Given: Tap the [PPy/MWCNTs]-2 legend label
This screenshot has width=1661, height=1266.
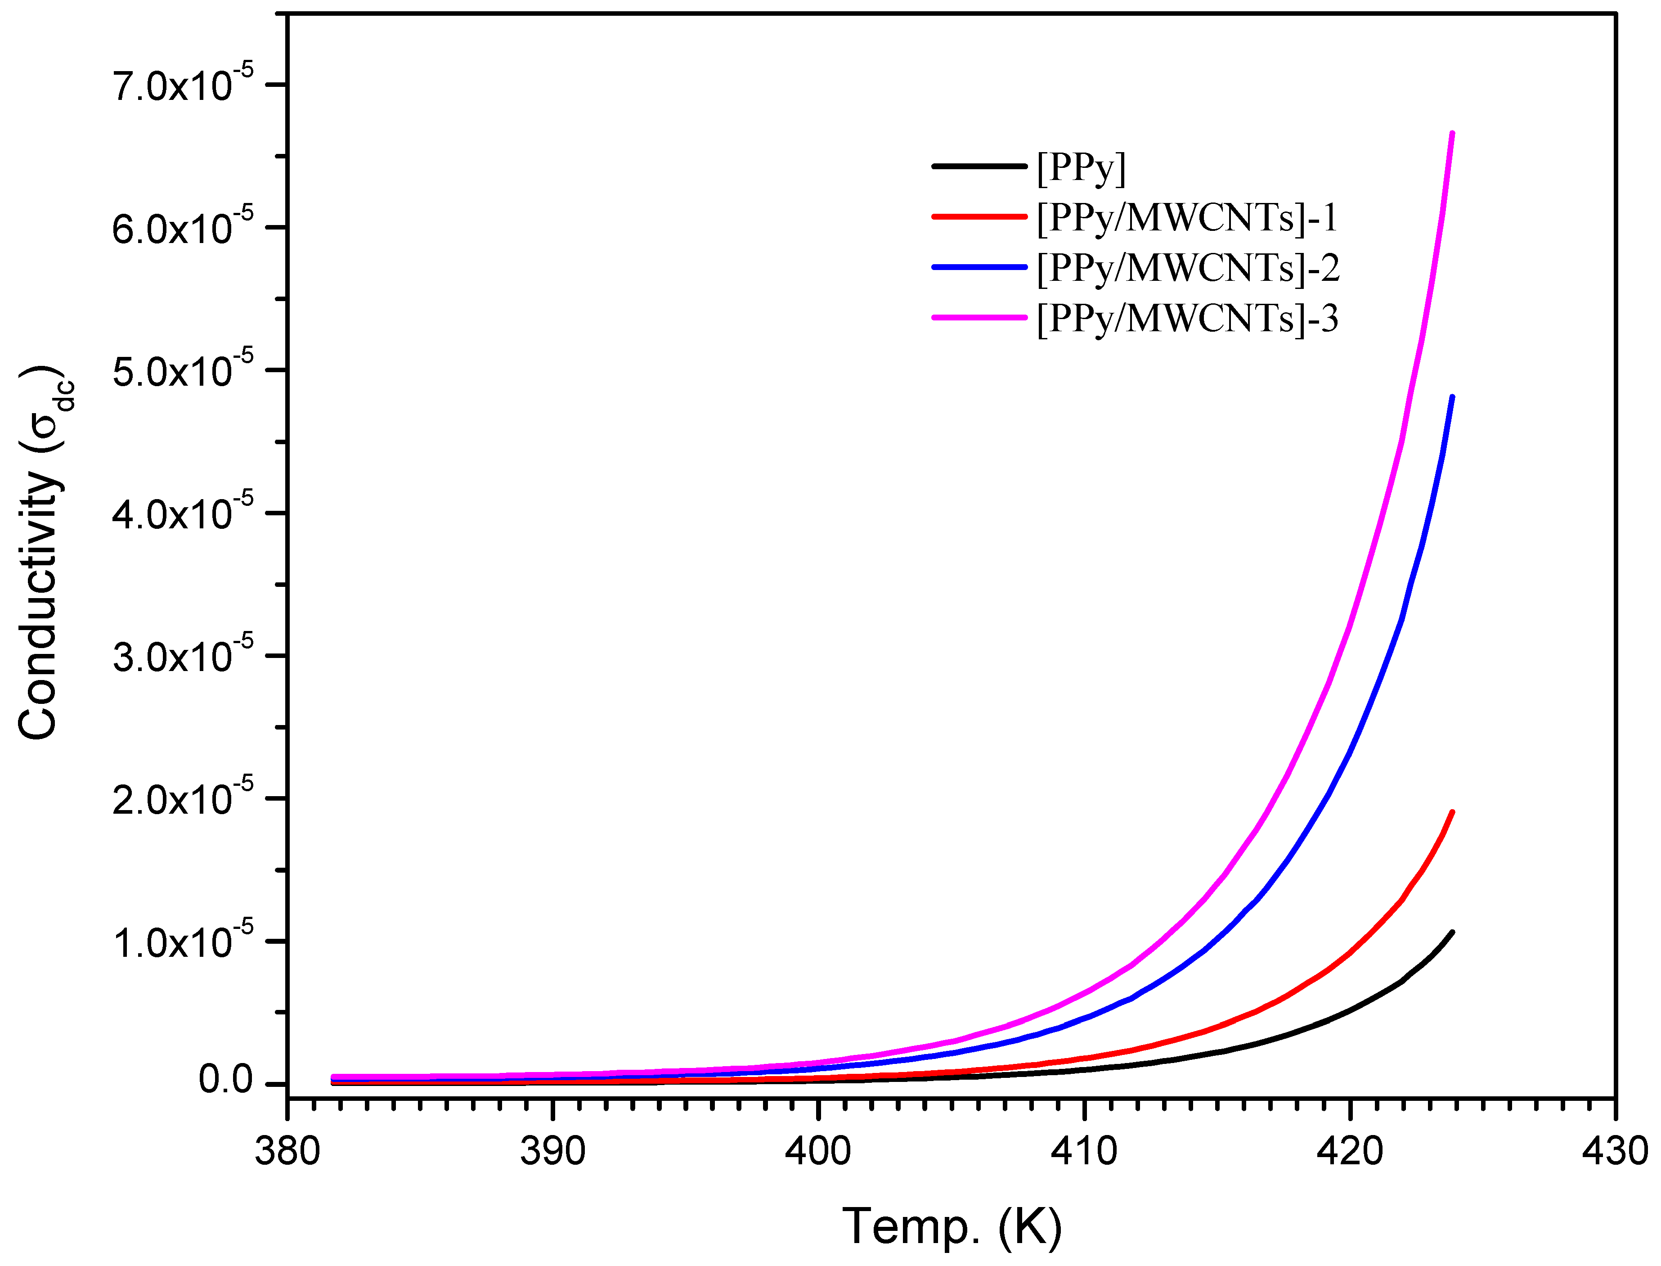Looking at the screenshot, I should point(1188,268).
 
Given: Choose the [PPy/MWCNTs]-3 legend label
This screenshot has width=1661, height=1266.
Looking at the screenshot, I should point(1188,319).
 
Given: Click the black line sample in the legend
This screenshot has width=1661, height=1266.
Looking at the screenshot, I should point(980,166).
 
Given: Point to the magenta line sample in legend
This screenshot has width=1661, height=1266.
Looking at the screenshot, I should point(980,317).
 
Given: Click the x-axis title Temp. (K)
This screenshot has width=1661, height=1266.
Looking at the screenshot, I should point(952,1227).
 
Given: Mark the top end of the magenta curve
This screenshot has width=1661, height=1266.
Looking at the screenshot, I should point(1452,133).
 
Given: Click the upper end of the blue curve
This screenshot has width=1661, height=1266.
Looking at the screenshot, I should point(1452,397).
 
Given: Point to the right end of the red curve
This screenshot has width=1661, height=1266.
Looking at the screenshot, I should point(1452,812).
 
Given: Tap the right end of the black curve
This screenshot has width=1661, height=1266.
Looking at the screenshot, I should point(1452,933).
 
